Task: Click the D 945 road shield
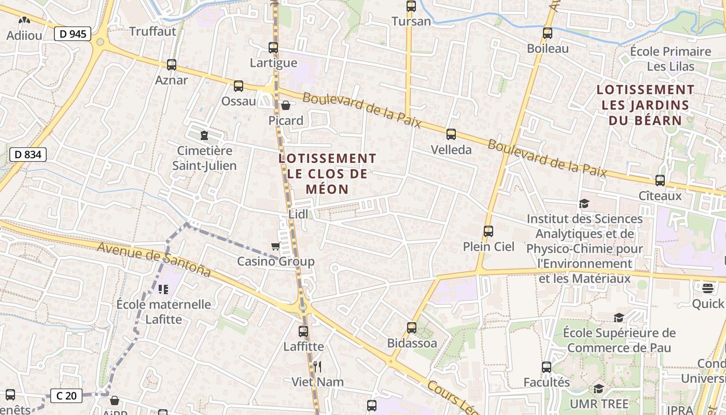(x=73, y=34)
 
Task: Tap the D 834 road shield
(x=28, y=154)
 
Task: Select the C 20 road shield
(x=66, y=396)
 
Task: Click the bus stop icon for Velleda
(x=451, y=134)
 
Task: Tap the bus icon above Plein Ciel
(x=488, y=231)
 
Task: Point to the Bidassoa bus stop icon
(x=412, y=327)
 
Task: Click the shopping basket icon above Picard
(x=285, y=106)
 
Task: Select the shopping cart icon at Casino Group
(x=275, y=246)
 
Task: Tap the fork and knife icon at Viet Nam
(x=317, y=367)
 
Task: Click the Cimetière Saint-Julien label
(x=204, y=158)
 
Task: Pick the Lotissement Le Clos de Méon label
(x=327, y=174)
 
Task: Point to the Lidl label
(x=298, y=214)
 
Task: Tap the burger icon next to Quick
(x=708, y=288)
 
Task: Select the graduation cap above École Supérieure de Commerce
(x=619, y=317)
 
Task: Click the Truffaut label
(x=152, y=31)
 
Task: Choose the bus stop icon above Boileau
(x=548, y=33)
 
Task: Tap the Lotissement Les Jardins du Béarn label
(x=645, y=105)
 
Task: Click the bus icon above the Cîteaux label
(x=660, y=181)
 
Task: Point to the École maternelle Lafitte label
(x=164, y=311)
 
